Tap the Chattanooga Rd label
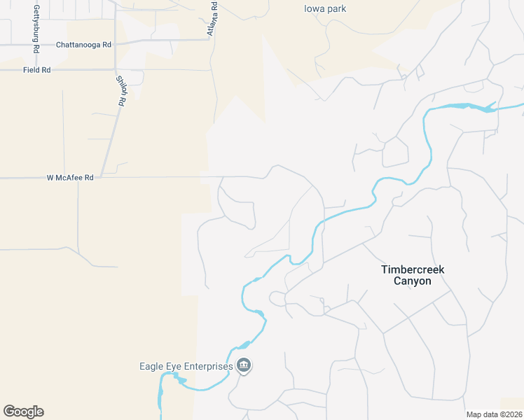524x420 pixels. tap(83, 45)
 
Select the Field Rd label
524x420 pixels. tap(37, 70)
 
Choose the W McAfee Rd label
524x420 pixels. tap(70, 178)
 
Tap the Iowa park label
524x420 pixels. tap(325, 9)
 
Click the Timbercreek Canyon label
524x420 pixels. tap(413, 275)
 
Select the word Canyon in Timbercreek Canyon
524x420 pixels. tap(413, 281)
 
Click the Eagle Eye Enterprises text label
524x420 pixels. tap(185, 366)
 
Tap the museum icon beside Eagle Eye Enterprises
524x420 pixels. tap(244, 365)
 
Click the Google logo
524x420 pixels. tap(23, 412)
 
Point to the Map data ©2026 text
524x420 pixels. tap(493, 414)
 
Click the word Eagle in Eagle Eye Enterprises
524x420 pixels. tap(151, 366)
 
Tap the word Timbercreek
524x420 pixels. tap(413, 269)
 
